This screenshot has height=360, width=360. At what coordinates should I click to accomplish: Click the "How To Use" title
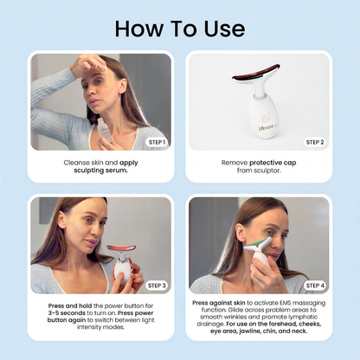180,29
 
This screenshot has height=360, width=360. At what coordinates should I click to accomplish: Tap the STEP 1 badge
157,142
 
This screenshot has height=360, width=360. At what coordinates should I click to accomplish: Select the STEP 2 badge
315,142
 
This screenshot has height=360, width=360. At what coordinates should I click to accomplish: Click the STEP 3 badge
157,286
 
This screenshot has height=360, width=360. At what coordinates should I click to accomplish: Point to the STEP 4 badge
315,286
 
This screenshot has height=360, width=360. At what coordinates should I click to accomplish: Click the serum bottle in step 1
104,130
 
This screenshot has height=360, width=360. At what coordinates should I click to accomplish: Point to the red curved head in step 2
256,74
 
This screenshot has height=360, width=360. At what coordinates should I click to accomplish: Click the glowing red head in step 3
121,248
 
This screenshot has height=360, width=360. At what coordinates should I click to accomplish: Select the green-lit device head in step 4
258,245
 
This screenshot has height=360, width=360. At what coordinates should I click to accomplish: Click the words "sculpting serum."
100,170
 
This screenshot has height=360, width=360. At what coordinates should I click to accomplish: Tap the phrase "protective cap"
273,163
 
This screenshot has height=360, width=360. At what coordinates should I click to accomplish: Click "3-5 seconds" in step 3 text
67,313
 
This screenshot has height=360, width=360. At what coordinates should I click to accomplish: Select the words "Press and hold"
70,305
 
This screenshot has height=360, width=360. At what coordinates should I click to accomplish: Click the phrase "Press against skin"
219,303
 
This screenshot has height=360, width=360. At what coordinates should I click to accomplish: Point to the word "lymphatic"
304,317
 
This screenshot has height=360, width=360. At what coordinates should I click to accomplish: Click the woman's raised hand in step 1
87,66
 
